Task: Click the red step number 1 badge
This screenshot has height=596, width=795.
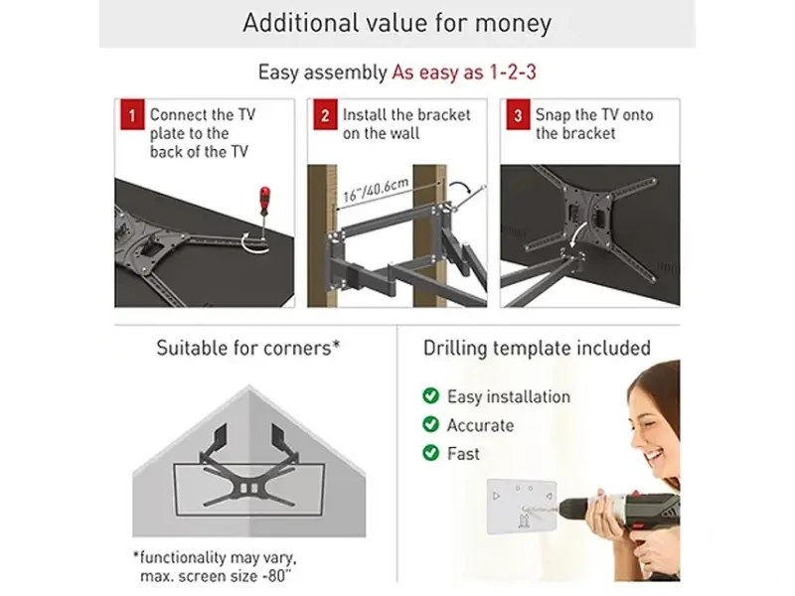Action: (x=132, y=114)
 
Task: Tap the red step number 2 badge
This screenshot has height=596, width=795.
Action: (x=325, y=114)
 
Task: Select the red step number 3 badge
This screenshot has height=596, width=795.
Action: (x=518, y=114)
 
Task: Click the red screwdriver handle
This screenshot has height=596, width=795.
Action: (x=264, y=200)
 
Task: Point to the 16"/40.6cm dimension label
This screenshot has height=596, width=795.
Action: (x=376, y=190)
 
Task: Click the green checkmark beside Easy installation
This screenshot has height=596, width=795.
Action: (x=431, y=395)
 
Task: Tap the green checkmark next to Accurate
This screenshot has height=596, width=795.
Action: (x=431, y=424)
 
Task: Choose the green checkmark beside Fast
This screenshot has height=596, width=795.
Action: (x=431, y=452)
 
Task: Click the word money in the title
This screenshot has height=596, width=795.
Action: (x=513, y=23)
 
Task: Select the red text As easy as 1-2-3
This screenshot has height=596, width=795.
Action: (x=464, y=73)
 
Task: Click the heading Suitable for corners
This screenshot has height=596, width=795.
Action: (x=247, y=349)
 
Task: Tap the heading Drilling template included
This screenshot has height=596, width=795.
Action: (x=537, y=349)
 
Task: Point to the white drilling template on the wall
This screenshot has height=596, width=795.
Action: (x=521, y=507)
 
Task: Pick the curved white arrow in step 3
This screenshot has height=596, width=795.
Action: (x=578, y=233)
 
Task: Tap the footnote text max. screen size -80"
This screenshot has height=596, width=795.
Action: (x=217, y=576)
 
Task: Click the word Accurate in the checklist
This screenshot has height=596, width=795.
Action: (x=480, y=425)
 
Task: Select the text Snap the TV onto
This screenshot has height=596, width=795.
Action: (x=594, y=115)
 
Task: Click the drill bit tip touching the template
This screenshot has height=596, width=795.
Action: (x=523, y=508)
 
